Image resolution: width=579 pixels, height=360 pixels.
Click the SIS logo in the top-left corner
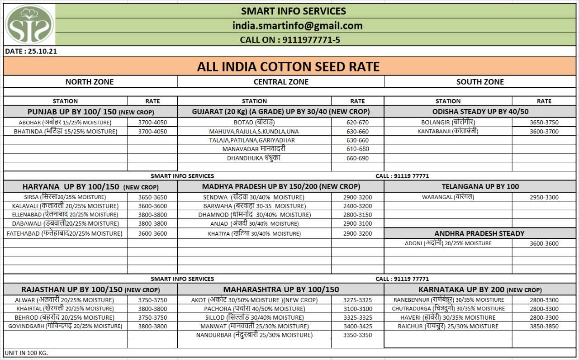tap(29, 24)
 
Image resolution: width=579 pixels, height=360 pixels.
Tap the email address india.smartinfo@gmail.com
tap(297, 26)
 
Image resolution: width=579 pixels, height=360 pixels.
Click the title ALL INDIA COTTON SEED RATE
tap(288, 67)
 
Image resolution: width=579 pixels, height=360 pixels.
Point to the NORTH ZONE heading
tap(90, 82)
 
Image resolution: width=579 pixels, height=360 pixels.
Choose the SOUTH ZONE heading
tap(480, 82)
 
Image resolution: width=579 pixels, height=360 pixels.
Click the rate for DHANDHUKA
tap(357, 158)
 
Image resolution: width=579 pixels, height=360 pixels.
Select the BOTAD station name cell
tap(254, 123)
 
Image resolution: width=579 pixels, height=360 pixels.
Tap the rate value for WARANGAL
tap(544, 197)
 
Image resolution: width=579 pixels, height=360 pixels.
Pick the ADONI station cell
tap(448, 243)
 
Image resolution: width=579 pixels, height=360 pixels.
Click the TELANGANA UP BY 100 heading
tap(480, 186)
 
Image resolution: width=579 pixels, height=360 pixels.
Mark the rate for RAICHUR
tap(544, 326)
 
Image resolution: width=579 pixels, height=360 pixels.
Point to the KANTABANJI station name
tap(448, 132)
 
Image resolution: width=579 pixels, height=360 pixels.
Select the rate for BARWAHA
tap(357, 206)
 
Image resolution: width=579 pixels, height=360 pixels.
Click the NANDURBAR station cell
tap(254, 335)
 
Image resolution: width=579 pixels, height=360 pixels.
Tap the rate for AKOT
tap(357, 300)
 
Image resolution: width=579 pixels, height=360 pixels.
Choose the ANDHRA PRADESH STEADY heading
tap(479, 233)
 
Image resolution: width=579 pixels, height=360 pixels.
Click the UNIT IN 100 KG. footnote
tap(26, 352)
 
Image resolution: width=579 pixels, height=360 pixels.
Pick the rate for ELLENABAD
tap(152, 215)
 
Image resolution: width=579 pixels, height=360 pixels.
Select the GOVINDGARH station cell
tap(65, 326)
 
